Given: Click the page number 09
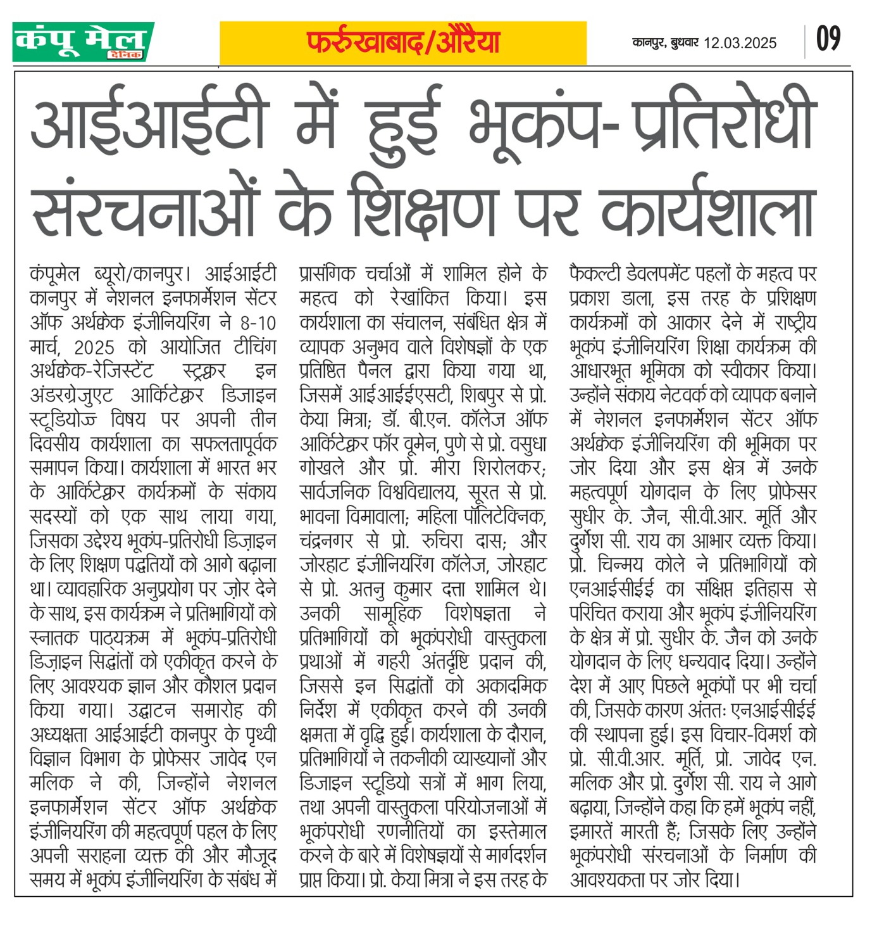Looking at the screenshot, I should (x=828, y=39).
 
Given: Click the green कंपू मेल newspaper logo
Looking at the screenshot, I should (x=83, y=42).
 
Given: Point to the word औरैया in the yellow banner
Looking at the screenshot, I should (x=468, y=42).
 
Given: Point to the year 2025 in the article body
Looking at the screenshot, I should (x=94, y=348).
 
